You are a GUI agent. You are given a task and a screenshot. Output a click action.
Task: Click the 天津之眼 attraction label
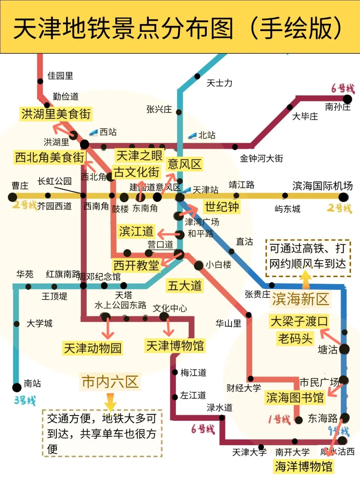139,155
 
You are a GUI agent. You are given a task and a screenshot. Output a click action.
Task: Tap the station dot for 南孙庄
347,99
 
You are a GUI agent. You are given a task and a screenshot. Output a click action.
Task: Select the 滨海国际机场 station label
322,186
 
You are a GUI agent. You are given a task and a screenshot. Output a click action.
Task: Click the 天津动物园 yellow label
93,348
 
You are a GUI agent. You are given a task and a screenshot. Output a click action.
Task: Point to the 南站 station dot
17,387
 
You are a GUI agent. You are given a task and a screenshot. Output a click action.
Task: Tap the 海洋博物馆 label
303,466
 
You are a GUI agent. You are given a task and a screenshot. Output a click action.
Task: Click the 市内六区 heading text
110,382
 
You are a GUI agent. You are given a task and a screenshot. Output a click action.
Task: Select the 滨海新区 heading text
300,299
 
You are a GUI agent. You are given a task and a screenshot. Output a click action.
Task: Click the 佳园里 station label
60,76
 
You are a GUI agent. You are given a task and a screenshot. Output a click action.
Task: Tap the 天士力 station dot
197,76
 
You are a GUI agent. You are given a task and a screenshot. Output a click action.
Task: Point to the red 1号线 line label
279,419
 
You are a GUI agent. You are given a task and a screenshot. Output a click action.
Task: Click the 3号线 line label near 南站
25,400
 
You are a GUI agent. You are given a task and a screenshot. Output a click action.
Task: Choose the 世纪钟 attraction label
222,207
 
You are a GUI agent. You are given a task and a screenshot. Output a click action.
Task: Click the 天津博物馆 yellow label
175,346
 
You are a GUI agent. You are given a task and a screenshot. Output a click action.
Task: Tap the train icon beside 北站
192,135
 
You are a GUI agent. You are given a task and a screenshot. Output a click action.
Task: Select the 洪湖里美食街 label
56,114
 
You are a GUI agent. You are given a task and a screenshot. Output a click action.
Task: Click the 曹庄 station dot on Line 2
13,197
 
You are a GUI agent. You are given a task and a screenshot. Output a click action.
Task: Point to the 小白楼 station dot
199,265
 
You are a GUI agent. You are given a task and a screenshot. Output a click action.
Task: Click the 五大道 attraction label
185,286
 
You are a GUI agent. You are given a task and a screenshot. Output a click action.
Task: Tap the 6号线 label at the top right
343,88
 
